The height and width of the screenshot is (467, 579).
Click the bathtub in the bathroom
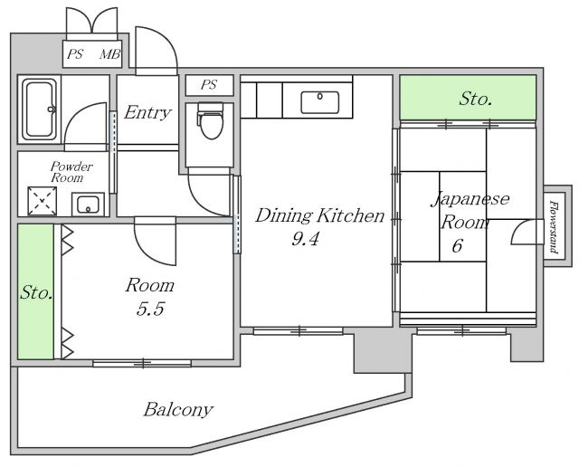[x=39, y=110]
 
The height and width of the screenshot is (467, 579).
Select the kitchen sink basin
[x=319, y=102]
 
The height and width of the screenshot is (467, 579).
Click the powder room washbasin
[x=88, y=205]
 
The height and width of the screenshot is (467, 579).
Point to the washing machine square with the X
[x=43, y=201]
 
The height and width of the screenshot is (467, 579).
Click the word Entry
[x=147, y=112]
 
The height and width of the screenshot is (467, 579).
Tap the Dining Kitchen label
[x=319, y=215]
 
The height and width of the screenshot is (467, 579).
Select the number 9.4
[x=305, y=239]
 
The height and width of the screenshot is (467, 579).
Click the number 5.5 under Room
[x=150, y=309]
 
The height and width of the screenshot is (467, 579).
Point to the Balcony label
[x=178, y=410]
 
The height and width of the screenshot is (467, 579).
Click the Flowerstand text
[x=553, y=227]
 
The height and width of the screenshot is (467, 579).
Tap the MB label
[x=110, y=54]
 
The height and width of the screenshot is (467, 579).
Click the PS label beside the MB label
[x=75, y=54]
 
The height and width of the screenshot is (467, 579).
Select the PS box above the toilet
[x=209, y=85]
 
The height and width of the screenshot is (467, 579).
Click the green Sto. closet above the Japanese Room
[x=469, y=98]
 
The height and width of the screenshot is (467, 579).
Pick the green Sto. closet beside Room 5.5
[x=36, y=291]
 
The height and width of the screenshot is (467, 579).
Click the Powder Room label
[x=71, y=172]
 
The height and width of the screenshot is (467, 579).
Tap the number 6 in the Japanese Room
[x=457, y=245]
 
